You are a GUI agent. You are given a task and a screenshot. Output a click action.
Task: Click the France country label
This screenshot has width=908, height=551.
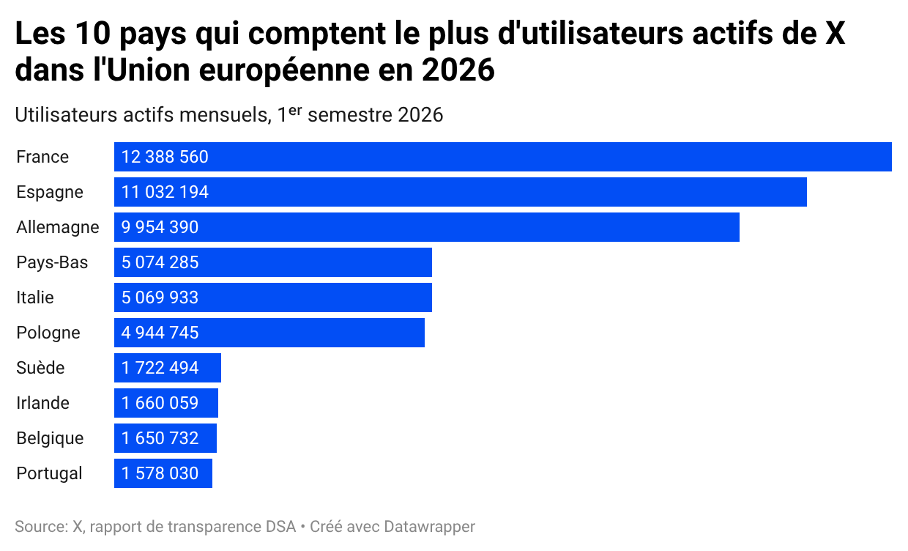coord(42,157)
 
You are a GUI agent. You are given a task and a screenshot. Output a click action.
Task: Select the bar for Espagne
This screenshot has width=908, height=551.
coord(461,192)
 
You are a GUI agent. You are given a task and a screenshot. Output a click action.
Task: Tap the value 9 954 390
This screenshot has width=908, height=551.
coord(160,227)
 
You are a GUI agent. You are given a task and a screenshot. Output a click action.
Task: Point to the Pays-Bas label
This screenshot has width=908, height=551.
coord(52,262)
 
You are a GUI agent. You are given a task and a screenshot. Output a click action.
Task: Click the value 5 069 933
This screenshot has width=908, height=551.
coord(160,297)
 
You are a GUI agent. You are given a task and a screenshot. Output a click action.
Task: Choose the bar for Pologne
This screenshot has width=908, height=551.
coord(269,333)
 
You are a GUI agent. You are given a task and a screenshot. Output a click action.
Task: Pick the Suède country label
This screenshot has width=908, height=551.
coord(40,368)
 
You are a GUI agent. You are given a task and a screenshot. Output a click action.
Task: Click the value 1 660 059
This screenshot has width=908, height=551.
coord(160,403)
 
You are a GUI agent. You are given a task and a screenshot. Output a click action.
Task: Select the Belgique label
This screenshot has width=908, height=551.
coord(50,438)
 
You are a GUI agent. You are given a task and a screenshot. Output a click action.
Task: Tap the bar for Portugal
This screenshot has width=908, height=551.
coord(163,473)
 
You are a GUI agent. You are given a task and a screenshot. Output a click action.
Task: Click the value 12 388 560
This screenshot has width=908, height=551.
coord(165,157)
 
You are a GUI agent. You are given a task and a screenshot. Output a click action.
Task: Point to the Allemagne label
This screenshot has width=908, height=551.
coord(58,227)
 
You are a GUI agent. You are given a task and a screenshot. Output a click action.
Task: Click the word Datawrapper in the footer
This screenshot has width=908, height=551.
coord(429,527)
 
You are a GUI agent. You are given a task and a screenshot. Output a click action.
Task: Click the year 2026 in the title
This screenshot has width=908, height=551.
coord(458,70)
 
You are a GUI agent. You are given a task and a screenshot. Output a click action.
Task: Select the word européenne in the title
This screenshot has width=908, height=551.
coord(284,70)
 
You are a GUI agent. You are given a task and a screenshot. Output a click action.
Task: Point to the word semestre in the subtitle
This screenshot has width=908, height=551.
coord(350,115)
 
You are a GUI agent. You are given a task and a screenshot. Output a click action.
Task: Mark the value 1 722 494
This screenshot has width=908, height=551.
coord(160,368)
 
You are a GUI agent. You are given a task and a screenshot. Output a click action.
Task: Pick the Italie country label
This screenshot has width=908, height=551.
coord(35,297)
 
